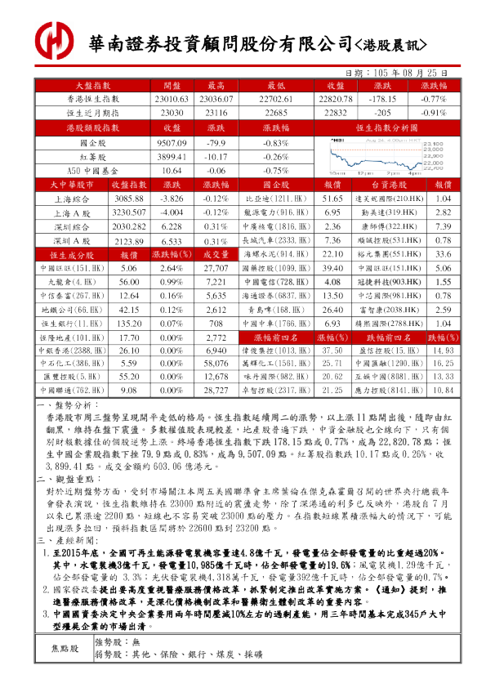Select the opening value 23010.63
172,98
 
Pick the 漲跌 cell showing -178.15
382,98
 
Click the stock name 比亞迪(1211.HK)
266,199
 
